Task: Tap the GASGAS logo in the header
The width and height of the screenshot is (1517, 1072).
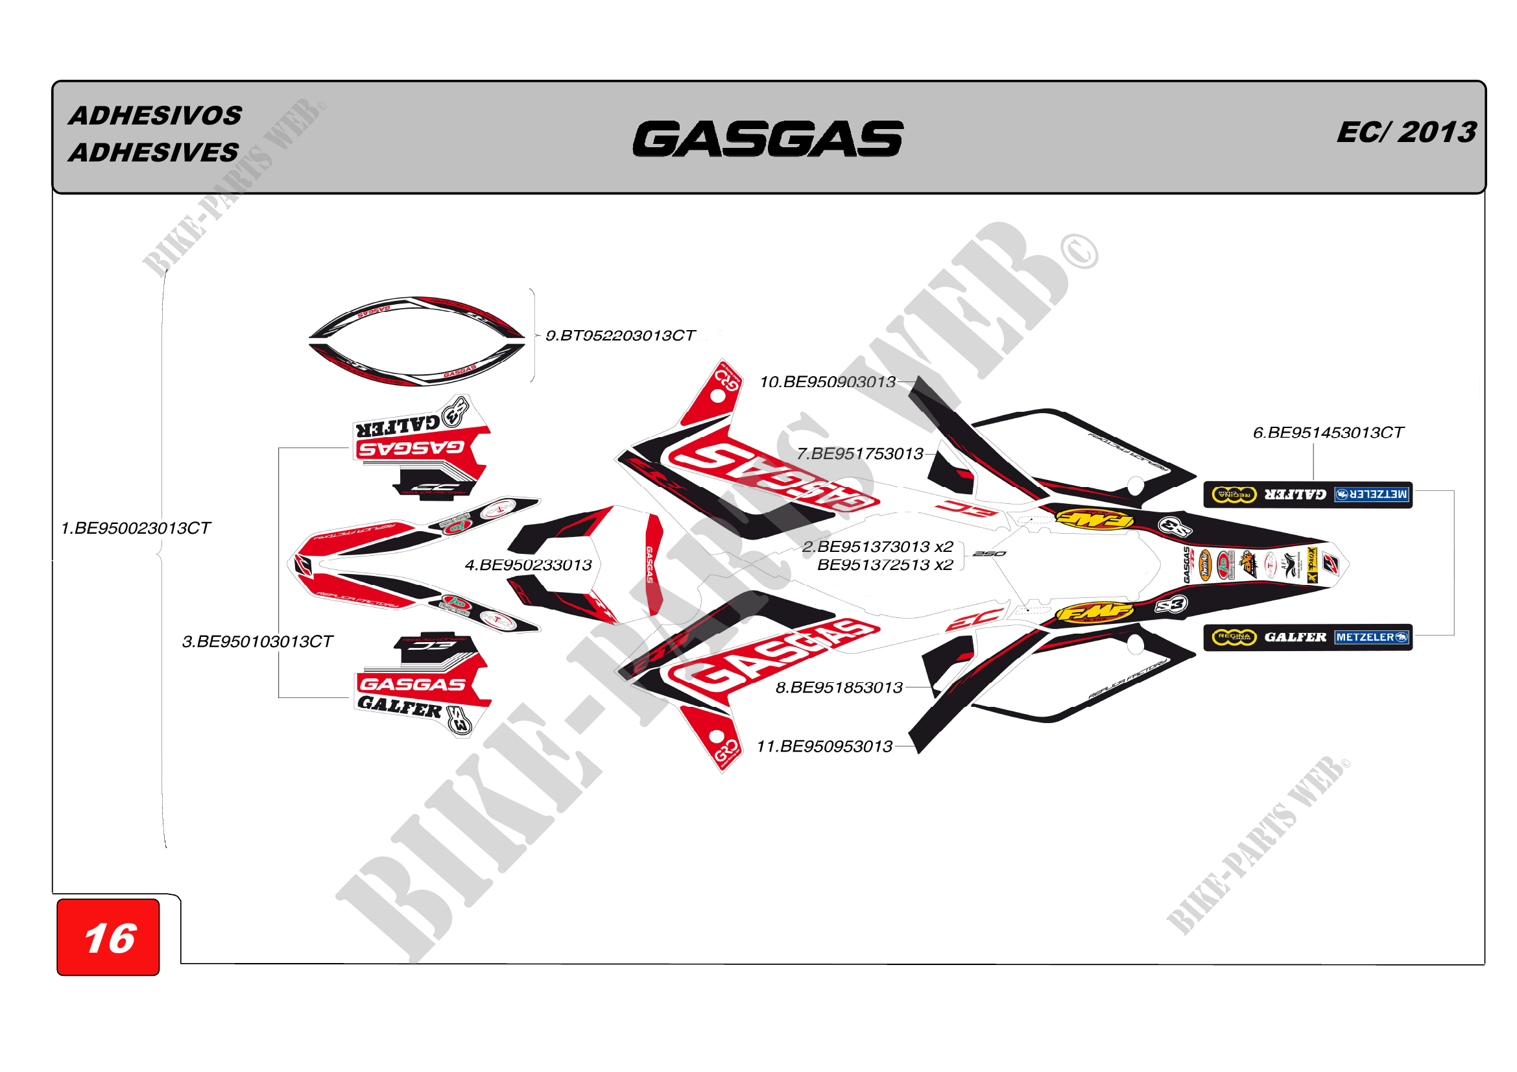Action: pos(768,139)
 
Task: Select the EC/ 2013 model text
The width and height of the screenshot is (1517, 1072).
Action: pos(1406,132)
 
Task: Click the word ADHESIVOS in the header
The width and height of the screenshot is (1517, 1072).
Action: pos(156,115)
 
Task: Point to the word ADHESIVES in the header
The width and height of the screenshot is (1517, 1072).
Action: pos(154,152)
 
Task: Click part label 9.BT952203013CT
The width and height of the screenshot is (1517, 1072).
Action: pos(620,335)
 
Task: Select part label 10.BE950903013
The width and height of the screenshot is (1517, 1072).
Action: pos(827,382)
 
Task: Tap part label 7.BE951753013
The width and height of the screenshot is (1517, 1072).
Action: pos(859,454)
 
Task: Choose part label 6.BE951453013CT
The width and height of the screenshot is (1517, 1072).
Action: pos(1328,433)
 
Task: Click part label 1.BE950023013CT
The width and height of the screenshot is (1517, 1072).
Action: pos(136,529)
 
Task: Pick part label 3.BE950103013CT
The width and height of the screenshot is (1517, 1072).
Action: pos(257,641)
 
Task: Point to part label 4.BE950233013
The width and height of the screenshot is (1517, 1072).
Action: pos(528,565)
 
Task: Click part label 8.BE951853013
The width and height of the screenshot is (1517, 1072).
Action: pos(839,687)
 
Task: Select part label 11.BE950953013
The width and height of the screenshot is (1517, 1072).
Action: pos(824,746)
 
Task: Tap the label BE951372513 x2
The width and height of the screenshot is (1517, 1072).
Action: pos(885,565)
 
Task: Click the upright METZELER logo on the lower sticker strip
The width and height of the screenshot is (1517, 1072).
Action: pos(1371,637)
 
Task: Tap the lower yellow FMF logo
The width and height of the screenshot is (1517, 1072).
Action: pos(1093,612)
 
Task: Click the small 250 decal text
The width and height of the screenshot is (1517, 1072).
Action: pos(989,553)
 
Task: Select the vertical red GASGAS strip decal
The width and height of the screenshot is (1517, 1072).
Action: pos(653,565)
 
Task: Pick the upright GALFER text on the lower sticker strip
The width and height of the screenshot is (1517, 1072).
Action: pos(1295,637)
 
